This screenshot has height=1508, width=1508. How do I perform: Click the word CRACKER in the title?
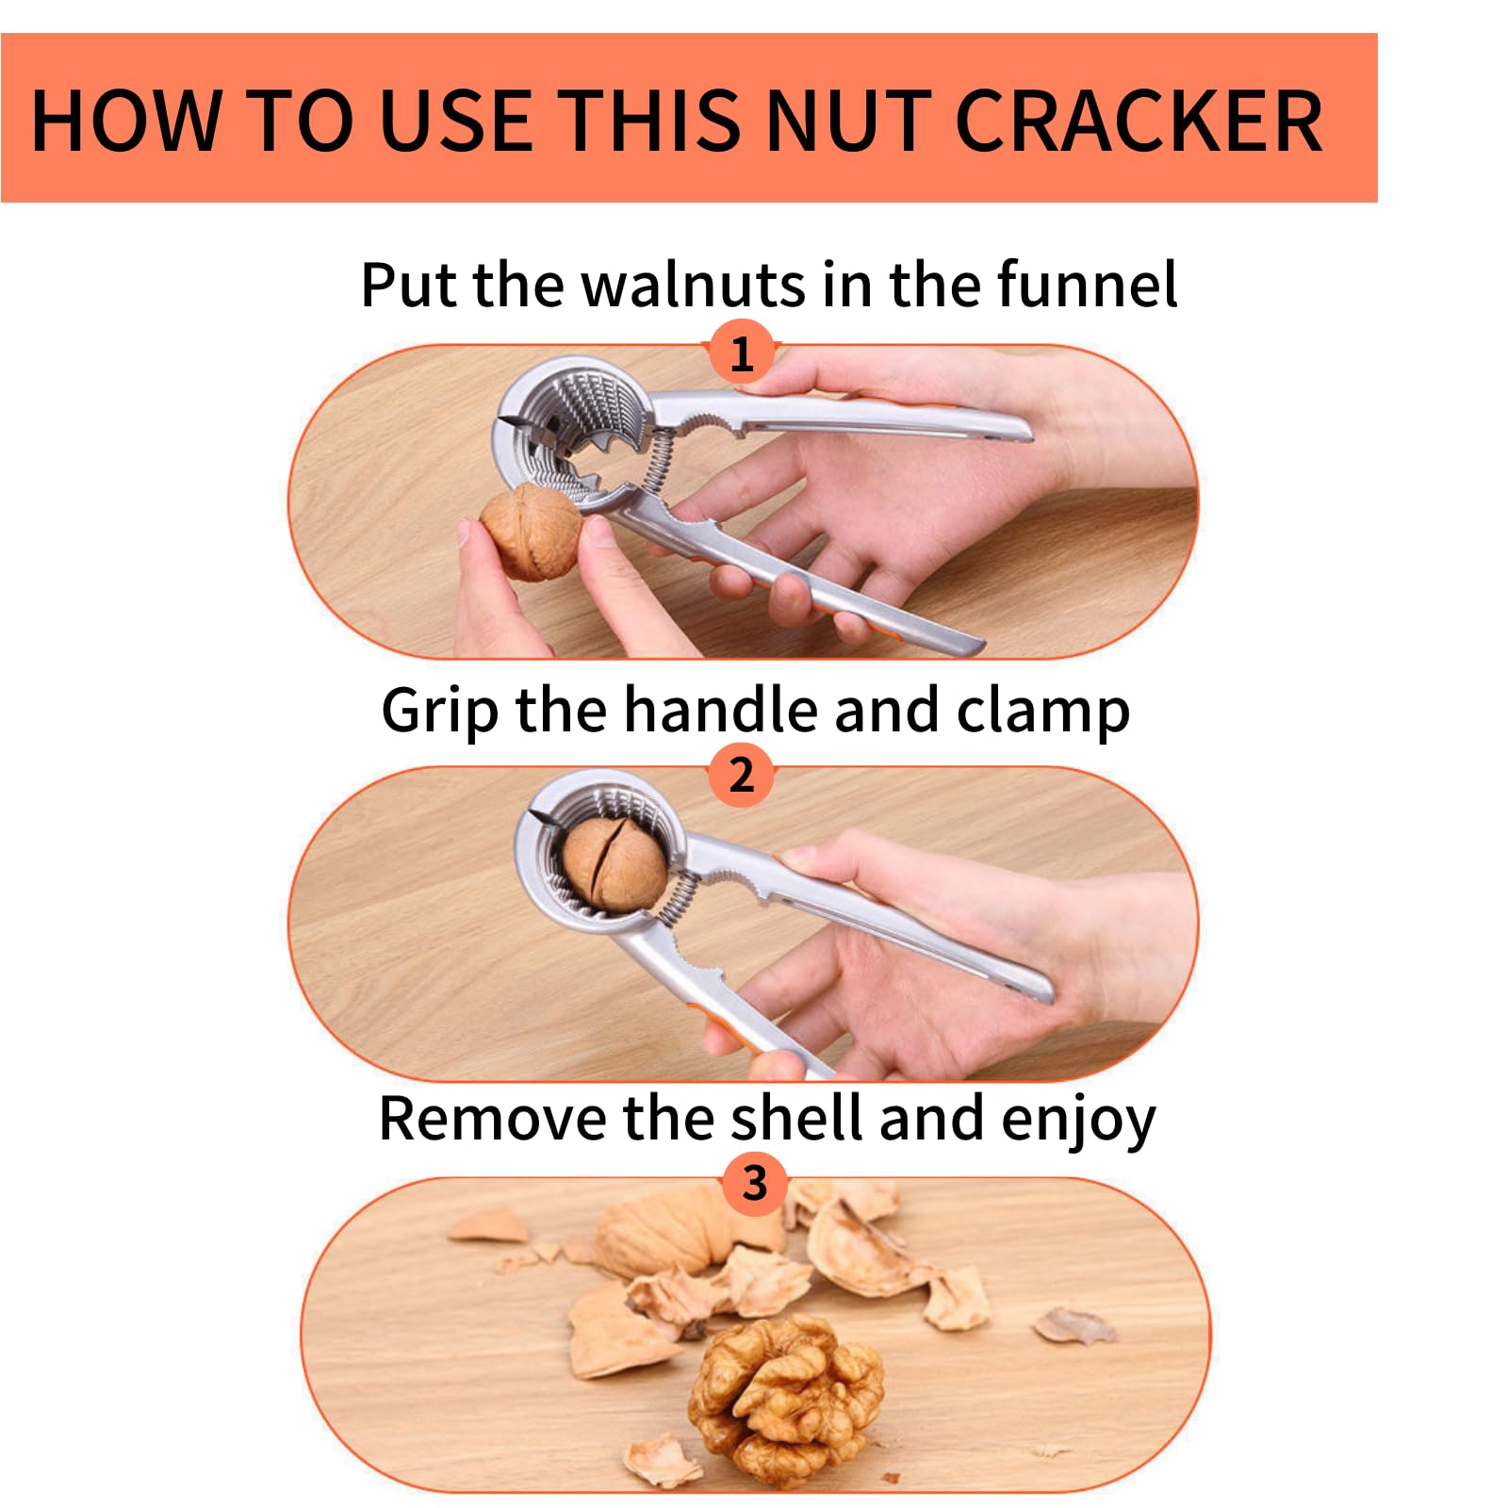click(x=1139, y=121)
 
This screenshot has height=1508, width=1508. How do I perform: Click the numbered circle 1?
click(x=742, y=352)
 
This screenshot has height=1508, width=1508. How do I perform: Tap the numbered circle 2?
click(x=742, y=775)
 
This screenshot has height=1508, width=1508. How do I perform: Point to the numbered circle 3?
click(x=754, y=1184)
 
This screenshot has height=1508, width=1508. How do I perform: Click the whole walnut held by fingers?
click(x=530, y=532)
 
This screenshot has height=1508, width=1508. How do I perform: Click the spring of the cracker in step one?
click(x=660, y=457)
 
